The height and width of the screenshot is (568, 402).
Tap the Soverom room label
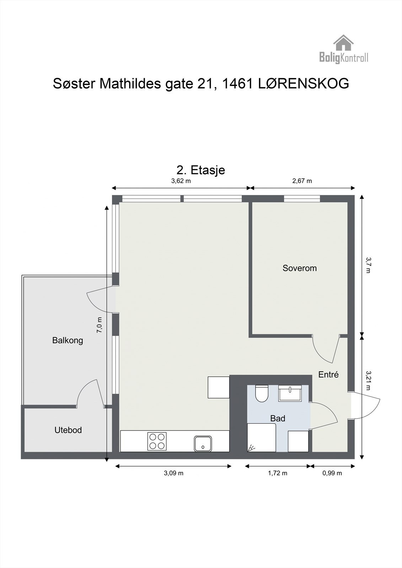pos(300,268)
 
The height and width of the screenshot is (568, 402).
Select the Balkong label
pos(68,340)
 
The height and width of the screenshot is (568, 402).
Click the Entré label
pos(328,375)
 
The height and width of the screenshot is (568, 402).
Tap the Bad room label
pos(278,419)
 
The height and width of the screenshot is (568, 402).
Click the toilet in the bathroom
pos(262,393)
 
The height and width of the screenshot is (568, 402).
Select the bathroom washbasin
pos(290,393)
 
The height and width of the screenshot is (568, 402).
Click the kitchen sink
pos(203,443)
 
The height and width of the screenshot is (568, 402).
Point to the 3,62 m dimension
pos(181,181)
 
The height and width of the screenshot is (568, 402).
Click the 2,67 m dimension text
pos(302,181)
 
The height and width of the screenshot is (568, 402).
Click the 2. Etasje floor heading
pos(200,170)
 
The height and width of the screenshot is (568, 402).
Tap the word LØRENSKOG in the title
pos(304,84)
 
